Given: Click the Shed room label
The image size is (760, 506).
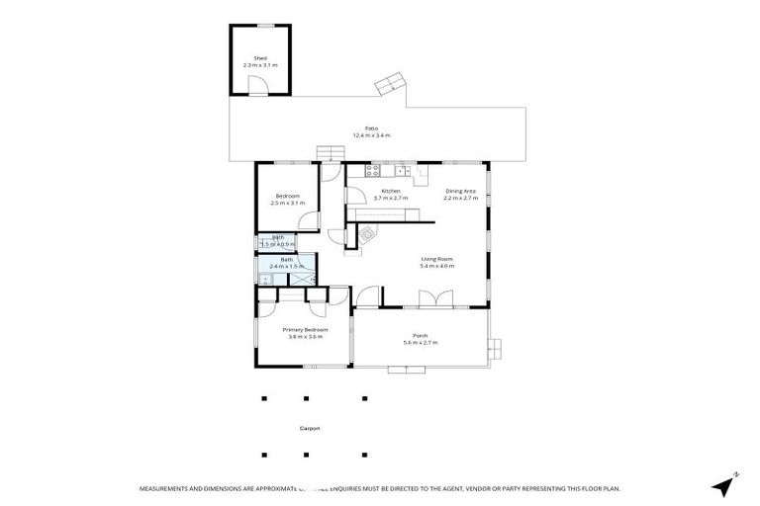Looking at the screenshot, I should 260,58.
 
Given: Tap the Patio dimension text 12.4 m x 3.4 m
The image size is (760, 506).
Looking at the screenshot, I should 371,135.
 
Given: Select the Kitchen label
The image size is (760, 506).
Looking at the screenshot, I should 391,191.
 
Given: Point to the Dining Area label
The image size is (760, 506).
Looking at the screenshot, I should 461,191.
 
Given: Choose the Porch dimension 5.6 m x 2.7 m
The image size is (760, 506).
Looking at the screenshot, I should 421,343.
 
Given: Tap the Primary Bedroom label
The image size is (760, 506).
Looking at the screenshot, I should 305,329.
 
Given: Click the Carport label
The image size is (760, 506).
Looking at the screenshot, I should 310,429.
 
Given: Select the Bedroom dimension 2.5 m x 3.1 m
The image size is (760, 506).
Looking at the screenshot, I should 288,204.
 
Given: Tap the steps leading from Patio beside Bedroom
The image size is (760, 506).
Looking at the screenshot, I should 329,153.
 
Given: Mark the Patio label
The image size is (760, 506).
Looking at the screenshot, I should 371,128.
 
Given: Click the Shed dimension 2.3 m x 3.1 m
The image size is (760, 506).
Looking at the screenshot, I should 260,65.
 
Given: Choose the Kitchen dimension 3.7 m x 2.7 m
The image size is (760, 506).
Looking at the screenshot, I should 391,198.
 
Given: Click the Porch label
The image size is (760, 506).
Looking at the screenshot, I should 421,336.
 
